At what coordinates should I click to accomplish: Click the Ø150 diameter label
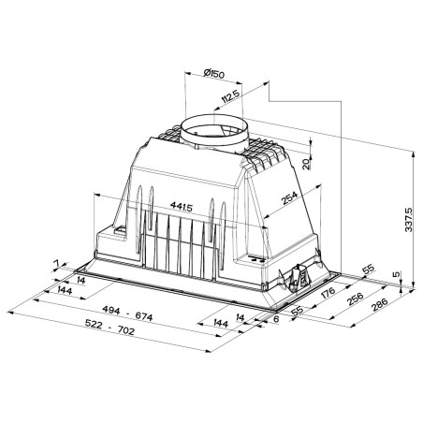tap(213, 74)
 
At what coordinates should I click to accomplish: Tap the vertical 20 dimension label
tap(307, 164)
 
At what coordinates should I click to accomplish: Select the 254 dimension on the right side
tap(290, 198)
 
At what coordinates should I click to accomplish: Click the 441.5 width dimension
tap(182, 207)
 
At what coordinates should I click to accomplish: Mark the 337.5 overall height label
tap(408, 220)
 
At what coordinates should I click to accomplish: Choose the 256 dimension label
tap(355, 299)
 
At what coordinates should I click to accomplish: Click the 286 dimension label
tap(380, 305)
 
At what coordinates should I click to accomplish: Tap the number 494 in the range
tap(111, 310)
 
